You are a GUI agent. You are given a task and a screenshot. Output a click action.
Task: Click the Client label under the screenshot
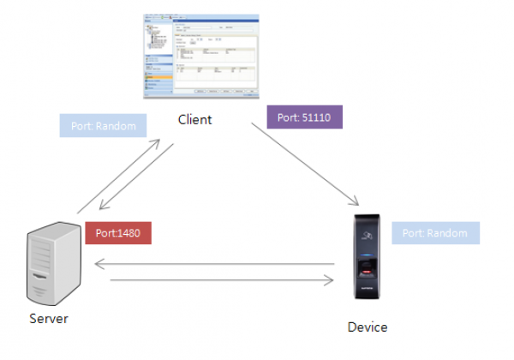pos(194,119)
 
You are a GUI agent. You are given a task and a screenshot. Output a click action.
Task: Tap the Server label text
pos(48,319)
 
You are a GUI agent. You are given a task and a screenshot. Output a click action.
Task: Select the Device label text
pos(368,327)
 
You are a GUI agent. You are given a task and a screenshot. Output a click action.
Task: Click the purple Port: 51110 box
pos(305,117)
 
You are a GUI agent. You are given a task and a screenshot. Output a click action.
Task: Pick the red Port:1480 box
pos(118,232)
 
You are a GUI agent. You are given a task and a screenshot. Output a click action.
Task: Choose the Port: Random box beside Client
pos(104,126)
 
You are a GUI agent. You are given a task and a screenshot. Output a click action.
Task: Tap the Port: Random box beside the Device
pos(435,233)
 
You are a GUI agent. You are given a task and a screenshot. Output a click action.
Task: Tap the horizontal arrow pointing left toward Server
pos(214,264)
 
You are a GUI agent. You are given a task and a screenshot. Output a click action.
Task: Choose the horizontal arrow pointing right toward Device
pos(214,279)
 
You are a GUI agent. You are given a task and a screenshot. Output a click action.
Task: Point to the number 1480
pos(129,232)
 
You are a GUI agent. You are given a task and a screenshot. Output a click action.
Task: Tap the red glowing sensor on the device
pos(368,272)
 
